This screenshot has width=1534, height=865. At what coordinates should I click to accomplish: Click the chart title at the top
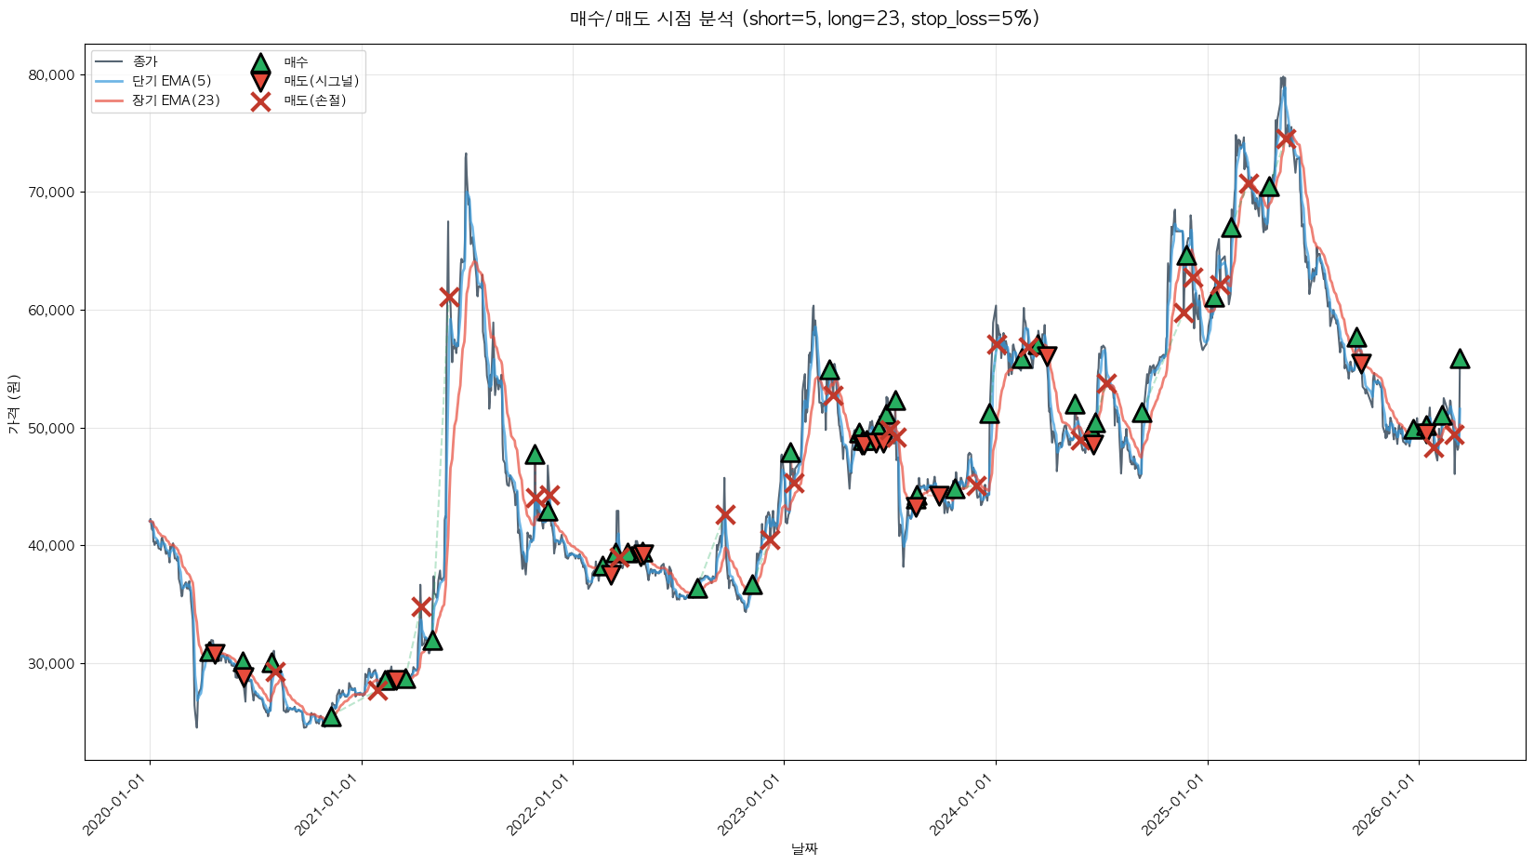(804, 19)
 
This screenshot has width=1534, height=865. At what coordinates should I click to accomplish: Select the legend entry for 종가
(144, 61)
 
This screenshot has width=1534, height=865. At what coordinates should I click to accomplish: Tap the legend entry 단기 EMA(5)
(171, 81)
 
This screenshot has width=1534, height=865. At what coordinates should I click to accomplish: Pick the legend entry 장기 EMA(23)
(176, 100)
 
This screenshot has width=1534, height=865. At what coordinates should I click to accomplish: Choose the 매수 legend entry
(296, 62)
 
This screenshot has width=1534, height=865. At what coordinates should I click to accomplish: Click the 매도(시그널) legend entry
(321, 81)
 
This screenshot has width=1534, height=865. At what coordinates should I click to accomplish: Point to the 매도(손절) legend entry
(314, 100)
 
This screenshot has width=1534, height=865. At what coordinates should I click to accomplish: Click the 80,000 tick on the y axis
(51, 75)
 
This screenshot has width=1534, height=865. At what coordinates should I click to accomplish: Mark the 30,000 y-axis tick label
(51, 664)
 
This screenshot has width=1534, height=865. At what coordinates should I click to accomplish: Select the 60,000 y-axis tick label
(51, 311)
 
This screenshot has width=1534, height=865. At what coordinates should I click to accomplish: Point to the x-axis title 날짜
(804, 848)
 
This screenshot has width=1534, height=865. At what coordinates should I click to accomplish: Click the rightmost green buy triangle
(1460, 359)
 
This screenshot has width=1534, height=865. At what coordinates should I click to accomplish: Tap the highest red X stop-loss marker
(1286, 138)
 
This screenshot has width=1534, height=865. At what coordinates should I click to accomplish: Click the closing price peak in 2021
(466, 154)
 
